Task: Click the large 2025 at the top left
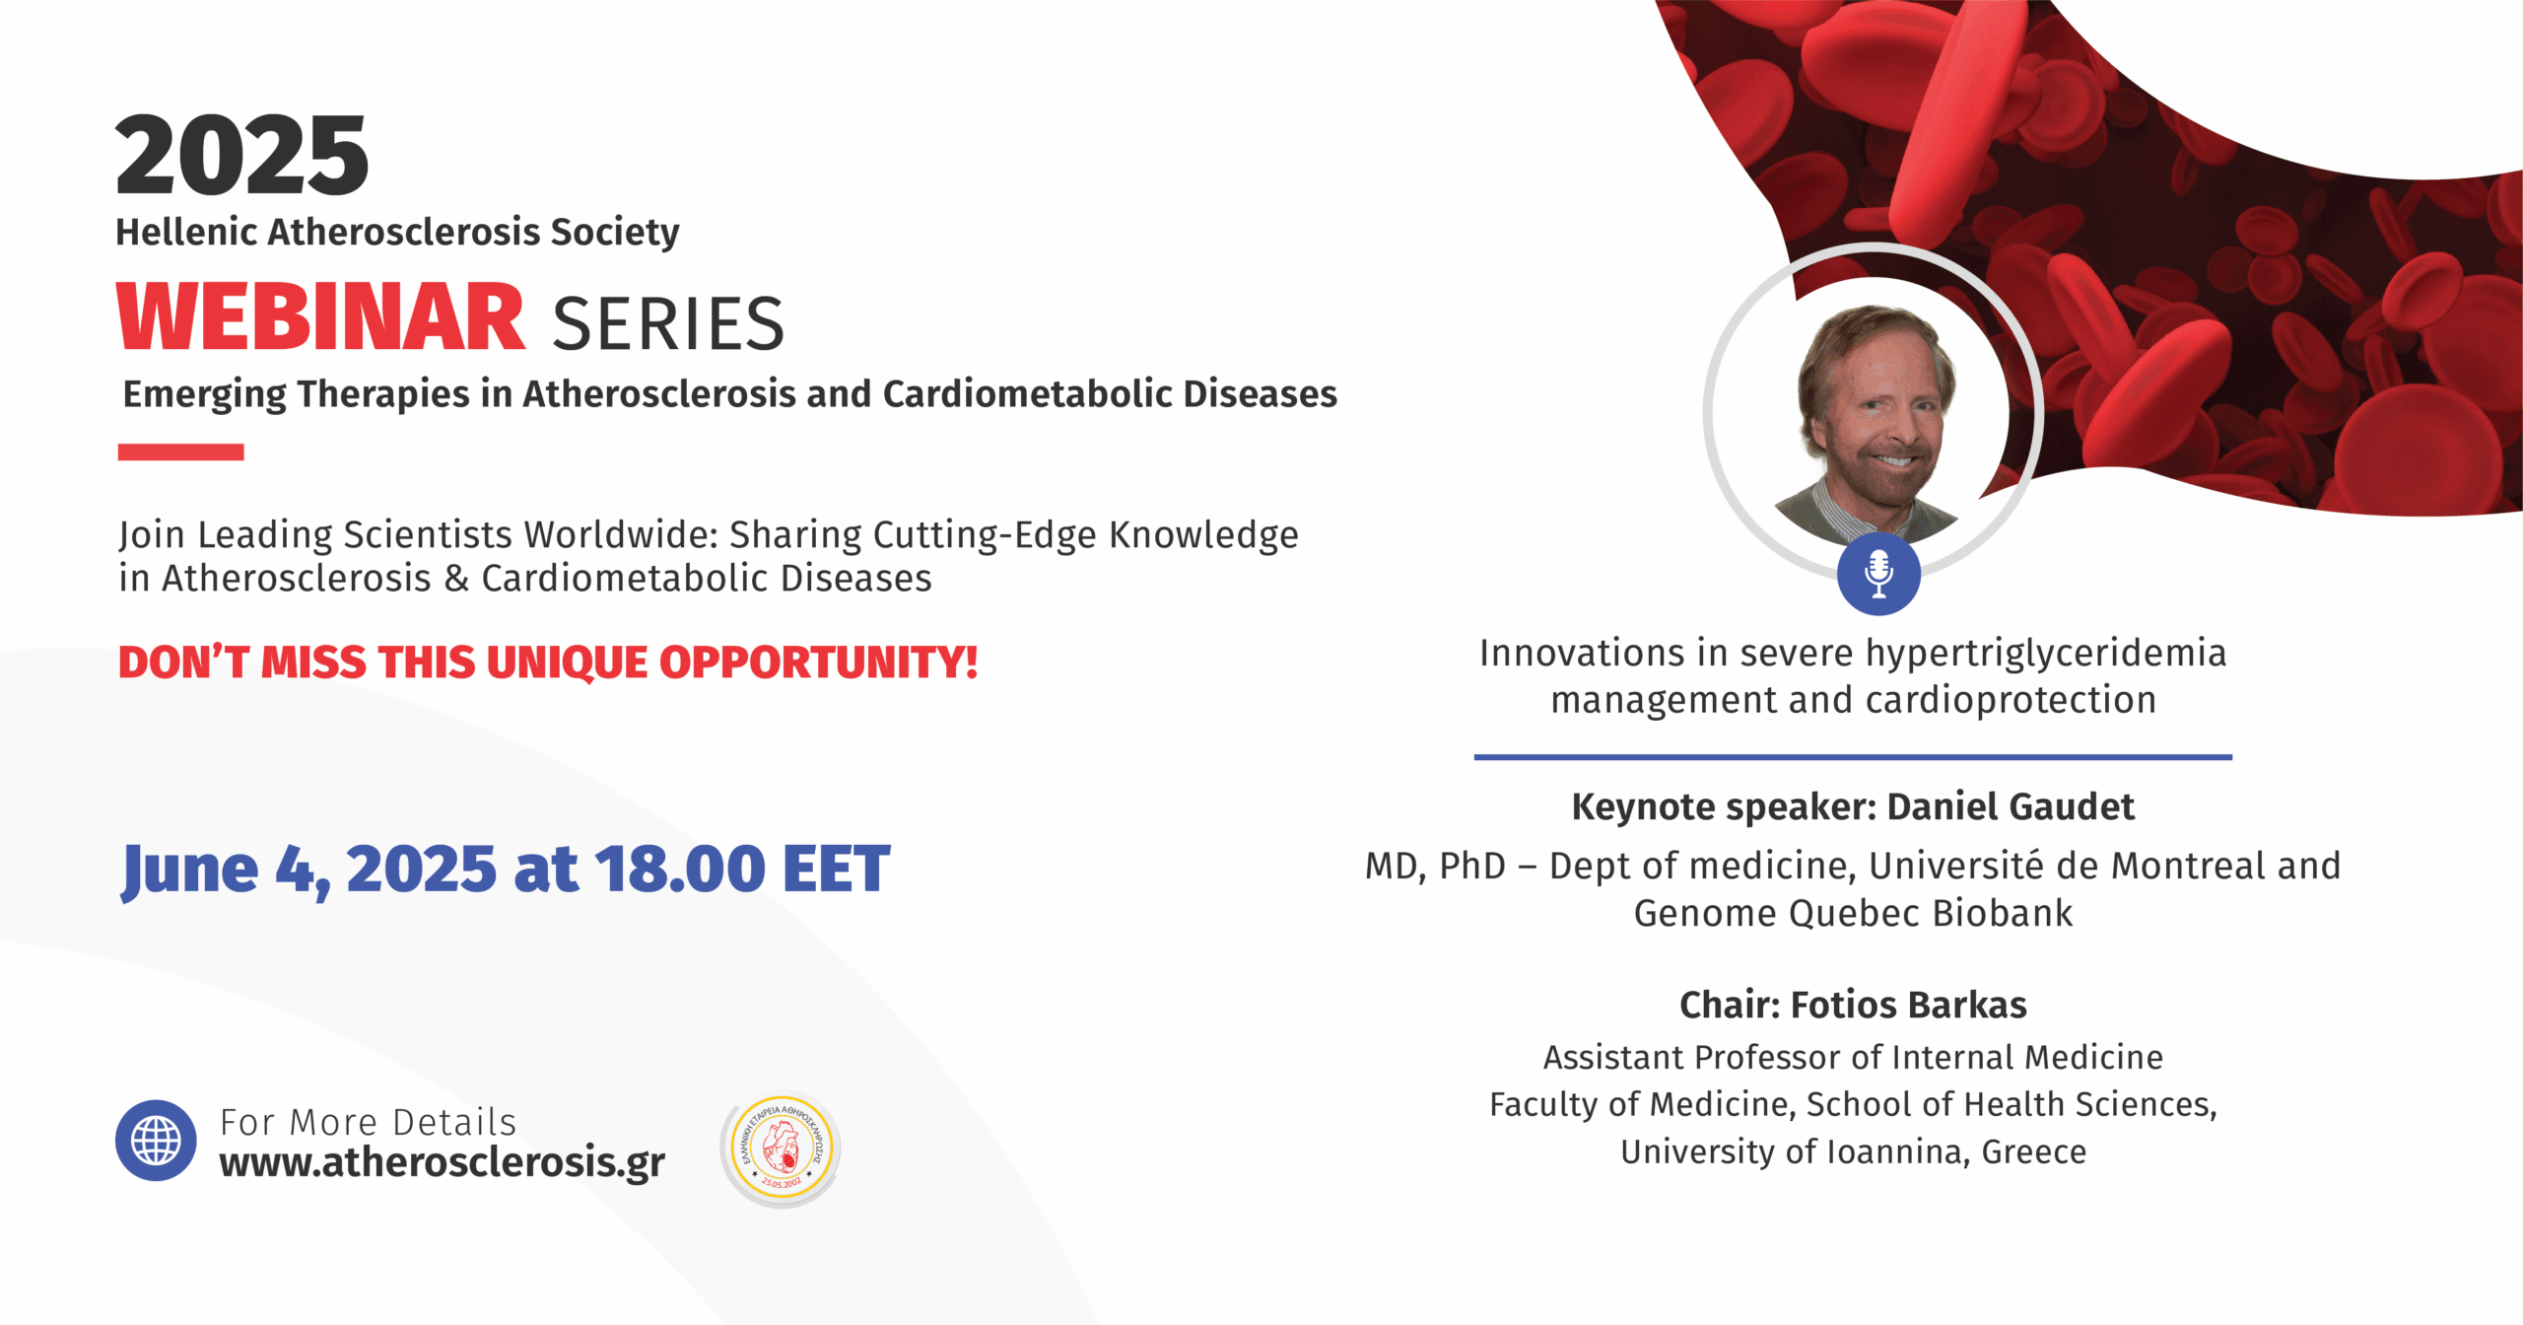[x=241, y=155]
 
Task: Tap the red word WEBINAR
[x=320, y=317]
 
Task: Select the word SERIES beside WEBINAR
[x=668, y=323]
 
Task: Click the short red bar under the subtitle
[x=180, y=452]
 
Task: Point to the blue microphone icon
[x=1878, y=574]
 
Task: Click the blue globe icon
[x=156, y=1141]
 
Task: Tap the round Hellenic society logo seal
[x=782, y=1150]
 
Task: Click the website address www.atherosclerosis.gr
[x=442, y=1162]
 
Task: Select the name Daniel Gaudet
[x=2011, y=806]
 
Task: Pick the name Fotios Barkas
[x=1908, y=1005]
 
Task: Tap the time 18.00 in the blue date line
[x=680, y=869]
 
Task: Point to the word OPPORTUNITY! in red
[x=818, y=662]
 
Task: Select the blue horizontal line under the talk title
[x=1853, y=757]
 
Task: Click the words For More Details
[x=368, y=1122]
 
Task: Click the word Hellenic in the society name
[x=187, y=232]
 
